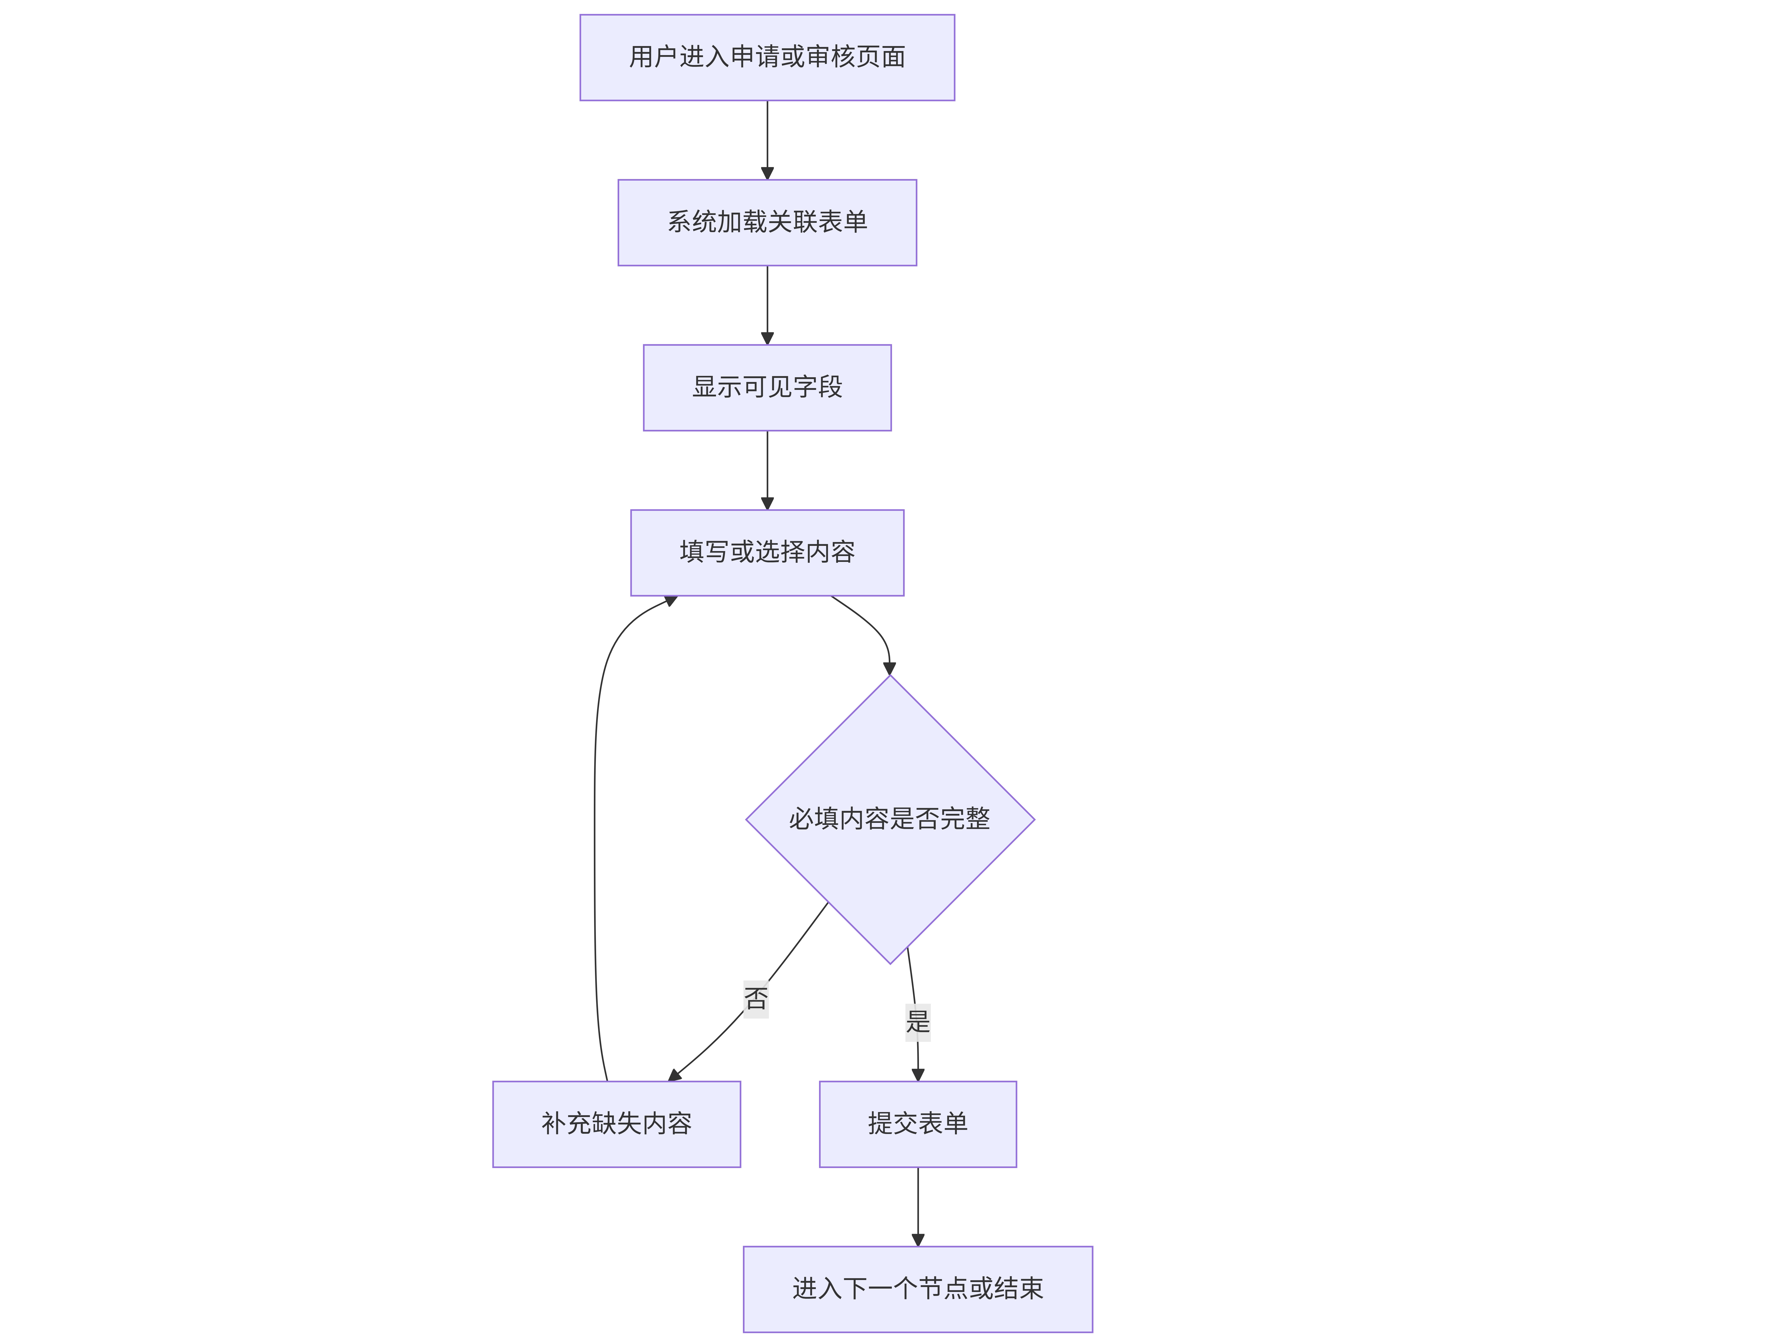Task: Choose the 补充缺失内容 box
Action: point(616,1124)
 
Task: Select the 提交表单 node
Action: point(918,1124)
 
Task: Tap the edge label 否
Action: point(756,999)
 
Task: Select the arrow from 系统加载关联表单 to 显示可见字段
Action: point(768,305)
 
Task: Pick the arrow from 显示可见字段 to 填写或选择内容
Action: point(768,470)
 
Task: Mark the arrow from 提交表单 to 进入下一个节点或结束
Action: point(918,1206)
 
